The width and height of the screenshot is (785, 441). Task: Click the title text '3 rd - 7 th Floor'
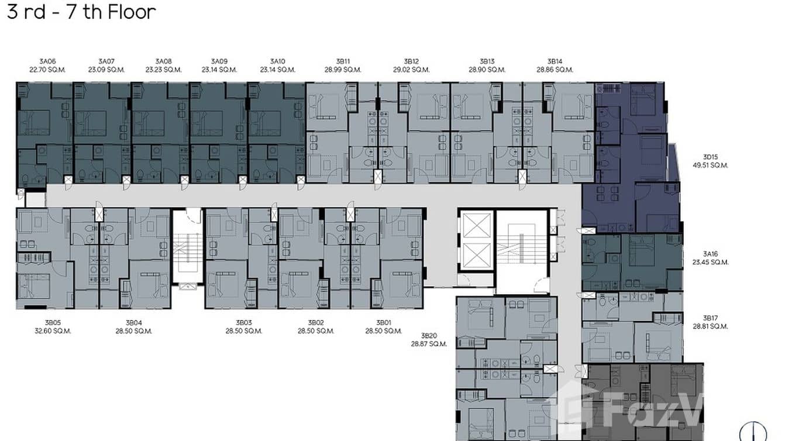click(x=81, y=12)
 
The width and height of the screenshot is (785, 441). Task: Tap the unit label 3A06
click(x=47, y=61)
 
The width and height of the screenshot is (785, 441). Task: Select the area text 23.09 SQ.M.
click(x=106, y=70)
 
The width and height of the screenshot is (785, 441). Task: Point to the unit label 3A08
click(x=163, y=61)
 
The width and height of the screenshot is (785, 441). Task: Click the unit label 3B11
click(x=342, y=61)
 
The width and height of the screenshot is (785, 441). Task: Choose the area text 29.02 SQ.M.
click(x=411, y=70)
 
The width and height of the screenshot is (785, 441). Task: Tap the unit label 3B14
click(x=555, y=61)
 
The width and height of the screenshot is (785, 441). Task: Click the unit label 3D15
click(x=710, y=157)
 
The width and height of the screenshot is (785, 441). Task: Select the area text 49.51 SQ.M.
click(x=710, y=166)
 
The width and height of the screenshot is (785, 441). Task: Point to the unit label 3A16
click(x=710, y=254)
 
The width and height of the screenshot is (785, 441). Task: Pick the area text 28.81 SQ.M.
click(x=710, y=326)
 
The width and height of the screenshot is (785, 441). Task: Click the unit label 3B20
click(x=429, y=336)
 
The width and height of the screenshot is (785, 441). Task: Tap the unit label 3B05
click(x=53, y=323)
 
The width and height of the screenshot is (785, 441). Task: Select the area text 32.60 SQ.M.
click(x=53, y=331)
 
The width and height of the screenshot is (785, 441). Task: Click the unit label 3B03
click(x=243, y=323)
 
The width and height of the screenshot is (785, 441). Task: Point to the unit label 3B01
click(x=383, y=323)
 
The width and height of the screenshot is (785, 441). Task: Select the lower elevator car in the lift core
click(x=476, y=256)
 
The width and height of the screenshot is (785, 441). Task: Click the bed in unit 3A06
click(x=34, y=123)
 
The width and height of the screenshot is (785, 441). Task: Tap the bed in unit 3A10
click(x=265, y=123)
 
